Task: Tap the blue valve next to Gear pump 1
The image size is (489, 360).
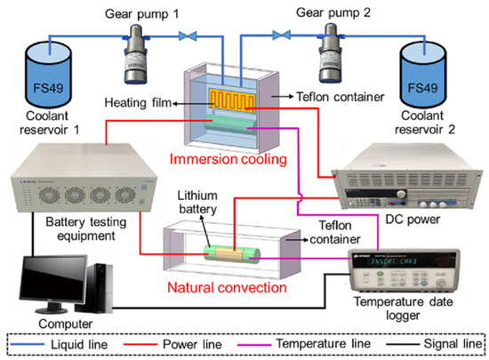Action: click(186, 36)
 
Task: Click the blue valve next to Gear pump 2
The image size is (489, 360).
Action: click(284, 36)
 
